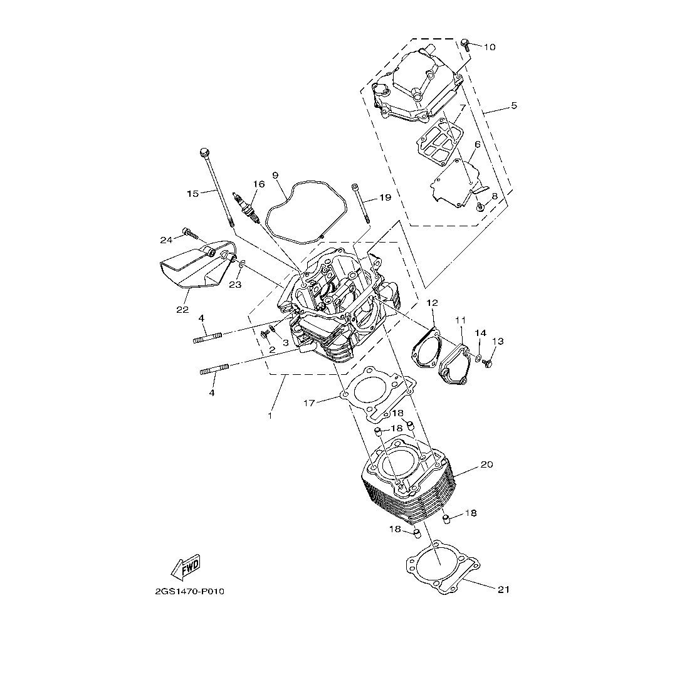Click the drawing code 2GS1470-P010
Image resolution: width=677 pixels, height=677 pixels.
(x=189, y=592)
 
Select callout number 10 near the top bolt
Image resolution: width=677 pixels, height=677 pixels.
(x=490, y=46)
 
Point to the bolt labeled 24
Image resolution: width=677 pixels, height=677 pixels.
(x=189, y=234)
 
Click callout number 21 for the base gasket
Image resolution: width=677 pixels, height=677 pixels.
(x=504, y=589)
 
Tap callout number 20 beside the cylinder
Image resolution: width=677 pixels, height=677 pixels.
(x=486, y=464)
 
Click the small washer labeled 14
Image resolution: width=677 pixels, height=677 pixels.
(x=478, y=357)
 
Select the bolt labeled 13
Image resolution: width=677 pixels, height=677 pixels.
(x=488, y=363)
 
